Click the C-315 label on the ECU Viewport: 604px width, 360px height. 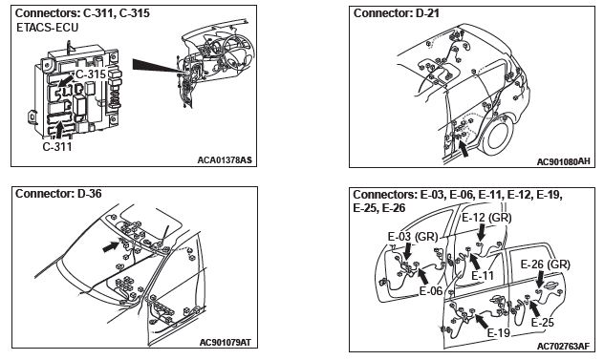click(x=91, y=74)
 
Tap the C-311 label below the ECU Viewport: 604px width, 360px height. click(x=57, y=147)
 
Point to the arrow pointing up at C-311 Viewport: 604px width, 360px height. click(x=58, y=131)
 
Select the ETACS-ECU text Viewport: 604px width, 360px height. click(x=48, y=28)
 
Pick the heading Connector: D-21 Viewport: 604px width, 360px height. click(x=397, y=13)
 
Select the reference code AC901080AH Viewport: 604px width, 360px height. click(x=563, y=161)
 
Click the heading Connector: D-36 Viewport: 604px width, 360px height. click(x=58, y=193)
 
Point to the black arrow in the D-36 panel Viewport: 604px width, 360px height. click(x=112, y=246)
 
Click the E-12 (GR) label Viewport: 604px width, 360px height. click(x=486, y=218)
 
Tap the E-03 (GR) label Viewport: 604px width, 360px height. click(x=413, y=237)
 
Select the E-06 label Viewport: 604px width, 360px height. click(x=431, y=290)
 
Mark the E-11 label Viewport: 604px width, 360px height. click(x=483, y=276)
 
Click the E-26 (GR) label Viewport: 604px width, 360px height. click(x=546, y=265)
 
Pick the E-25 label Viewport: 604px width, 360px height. click(x=543, y=322)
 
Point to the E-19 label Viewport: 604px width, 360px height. click(x=499, y=332)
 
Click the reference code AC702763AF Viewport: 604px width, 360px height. click(x=563, y=347)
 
